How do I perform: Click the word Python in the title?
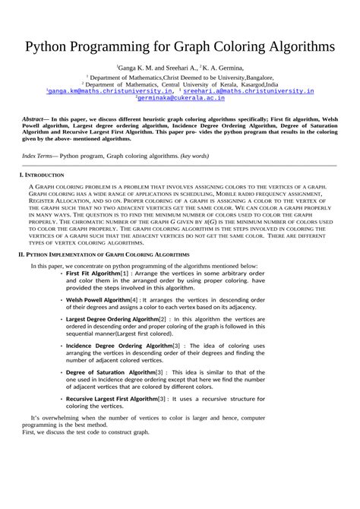pyautogui.click(x=52, y=46)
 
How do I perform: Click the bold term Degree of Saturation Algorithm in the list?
pyautogui.click(x=111, y=372)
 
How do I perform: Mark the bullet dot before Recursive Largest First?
pyautogui.click(x=62, y=398)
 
